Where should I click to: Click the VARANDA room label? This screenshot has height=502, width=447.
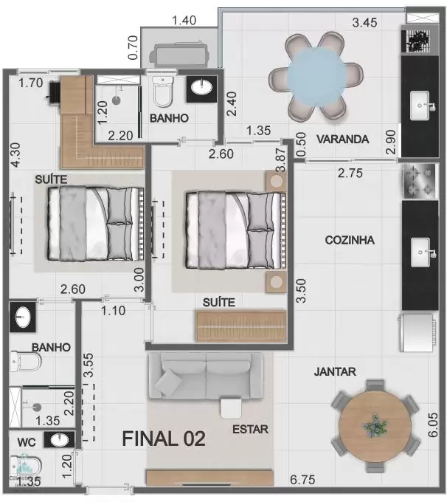click(x=343, y=140)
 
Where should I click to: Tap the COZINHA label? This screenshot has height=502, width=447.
click(x=350, y=240)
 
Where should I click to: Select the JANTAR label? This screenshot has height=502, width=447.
click(x=335, y=371)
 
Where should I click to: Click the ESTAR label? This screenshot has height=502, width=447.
click(x=250, y=430)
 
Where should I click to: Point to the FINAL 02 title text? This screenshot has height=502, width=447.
click(x=164, y=439)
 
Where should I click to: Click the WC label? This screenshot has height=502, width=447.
click(x=27, y=442)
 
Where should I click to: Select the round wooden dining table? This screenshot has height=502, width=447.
click(x=375, y=427)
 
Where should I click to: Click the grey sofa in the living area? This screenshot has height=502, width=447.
click(x=206, y=376)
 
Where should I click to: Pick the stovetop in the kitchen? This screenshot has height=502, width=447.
click(x=420, y=180)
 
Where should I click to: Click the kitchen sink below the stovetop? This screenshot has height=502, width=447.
click(x=420, y=252)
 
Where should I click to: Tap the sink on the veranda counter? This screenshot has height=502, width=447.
click(x=420, y=106)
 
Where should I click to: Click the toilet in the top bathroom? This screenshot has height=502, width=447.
click(x=163, y=91)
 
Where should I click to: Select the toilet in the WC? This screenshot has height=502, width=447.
click(x=25, y=466)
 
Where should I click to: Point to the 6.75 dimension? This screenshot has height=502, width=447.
click(x=302, y=480)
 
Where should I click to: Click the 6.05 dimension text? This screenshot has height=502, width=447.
click(x=432, y=424)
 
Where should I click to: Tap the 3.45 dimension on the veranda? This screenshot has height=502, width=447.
click(x=364, y=23)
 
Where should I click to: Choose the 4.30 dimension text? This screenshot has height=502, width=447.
click(x=15, y=155)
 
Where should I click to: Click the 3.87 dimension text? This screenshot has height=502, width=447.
click(x=280, y=159)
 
